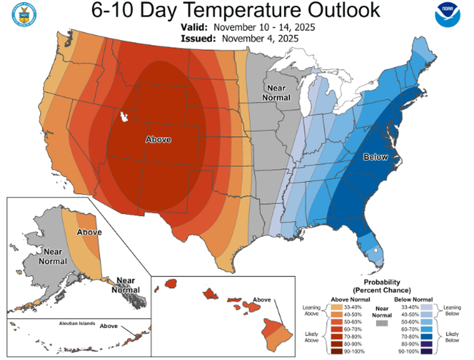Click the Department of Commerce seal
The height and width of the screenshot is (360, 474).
24,15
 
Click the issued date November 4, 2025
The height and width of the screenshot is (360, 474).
260,38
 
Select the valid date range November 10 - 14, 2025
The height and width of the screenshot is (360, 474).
264,27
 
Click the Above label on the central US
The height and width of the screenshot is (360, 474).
158,140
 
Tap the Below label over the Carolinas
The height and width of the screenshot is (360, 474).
375,157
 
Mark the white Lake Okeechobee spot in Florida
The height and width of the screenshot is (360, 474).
375,251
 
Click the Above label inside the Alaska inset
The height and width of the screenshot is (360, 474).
89,232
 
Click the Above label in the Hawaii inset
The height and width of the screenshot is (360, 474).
262,300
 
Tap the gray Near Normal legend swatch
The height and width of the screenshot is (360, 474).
381,323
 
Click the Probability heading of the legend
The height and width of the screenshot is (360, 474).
382,282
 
